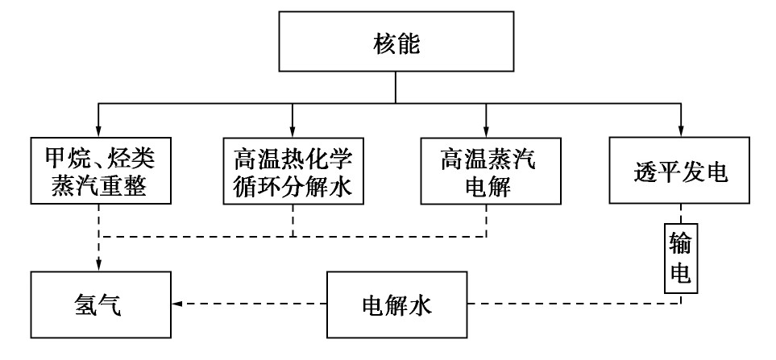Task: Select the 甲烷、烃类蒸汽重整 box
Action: pyautogui.click(x=98, y=171)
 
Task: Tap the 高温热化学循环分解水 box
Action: pyautogui.click(x=293, y=171)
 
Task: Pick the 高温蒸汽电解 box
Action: pyautogui.click(x=487, y=171)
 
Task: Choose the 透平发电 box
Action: pyautogui.click(x=681, y=171)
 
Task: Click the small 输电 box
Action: pyautogui.click(x=681, y=256)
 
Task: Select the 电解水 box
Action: pyautogui.click(x=398, y=305)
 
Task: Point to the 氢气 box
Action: pyautogui.click(x=98, y=305)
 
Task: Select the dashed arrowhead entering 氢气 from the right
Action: pyautogui.click(x=176, y=304)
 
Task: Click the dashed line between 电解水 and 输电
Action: pyautogui.click(x=564, y=304)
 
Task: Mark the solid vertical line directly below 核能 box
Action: pyautogui.click(x=395, y=86)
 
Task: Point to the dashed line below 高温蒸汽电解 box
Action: pyautogui.click(x=487, y=221)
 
